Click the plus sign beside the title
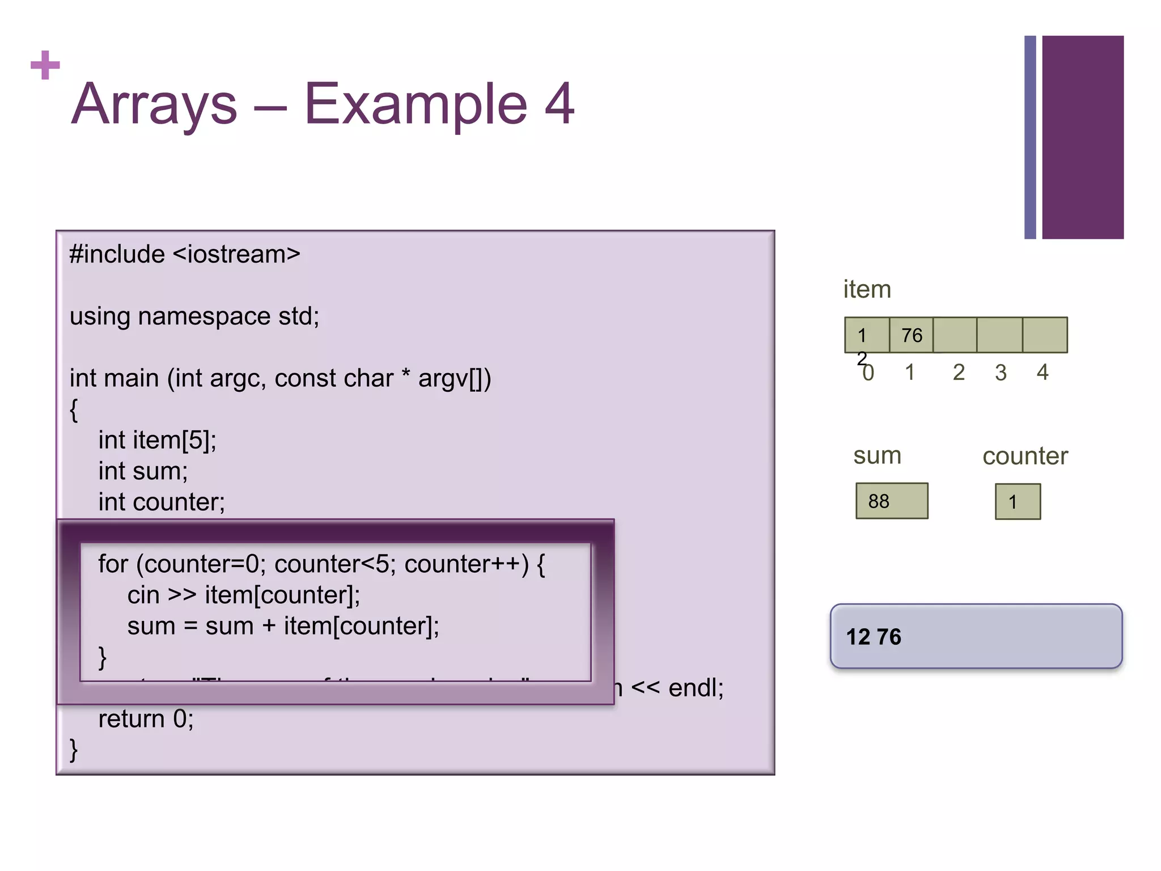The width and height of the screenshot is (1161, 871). (x=45, y=65)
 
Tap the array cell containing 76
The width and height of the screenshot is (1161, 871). (x=911, y=335)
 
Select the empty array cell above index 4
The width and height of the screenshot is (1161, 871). (x=1045, y=335)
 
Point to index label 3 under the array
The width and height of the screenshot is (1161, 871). (x=1001, y=373)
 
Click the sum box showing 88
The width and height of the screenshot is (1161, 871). (x=891, y=501)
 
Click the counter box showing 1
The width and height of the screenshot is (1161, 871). (x=1018, y=502)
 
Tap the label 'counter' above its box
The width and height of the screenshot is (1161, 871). (x=1025, y=456)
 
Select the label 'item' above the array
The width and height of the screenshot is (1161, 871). (x=867, y=289)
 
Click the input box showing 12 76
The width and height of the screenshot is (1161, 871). (x=976, y=636)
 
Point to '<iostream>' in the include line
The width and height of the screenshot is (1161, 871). (x=236, y=254)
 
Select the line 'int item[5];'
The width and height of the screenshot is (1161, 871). (x=157, y=440)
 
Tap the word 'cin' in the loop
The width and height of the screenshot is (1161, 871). (x=143, y=595)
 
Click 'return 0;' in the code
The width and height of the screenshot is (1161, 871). (x=146, y=719)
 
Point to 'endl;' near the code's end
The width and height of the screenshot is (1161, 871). (x=696, y=688)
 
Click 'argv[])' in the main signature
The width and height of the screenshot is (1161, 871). (x=454, y=378)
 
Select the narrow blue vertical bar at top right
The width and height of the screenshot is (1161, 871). (x=1030, y=137)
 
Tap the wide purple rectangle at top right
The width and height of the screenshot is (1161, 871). (x=1082, y=137)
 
